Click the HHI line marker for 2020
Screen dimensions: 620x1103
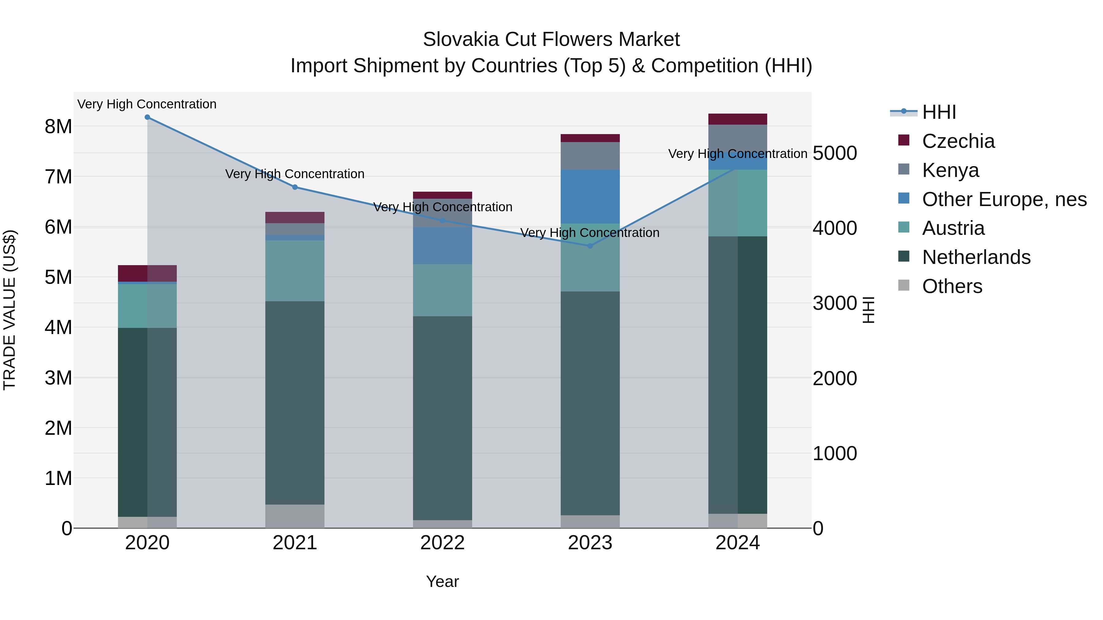pos(147,117)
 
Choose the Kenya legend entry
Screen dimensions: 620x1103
pos(950,170)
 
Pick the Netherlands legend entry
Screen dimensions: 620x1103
pos(976,257)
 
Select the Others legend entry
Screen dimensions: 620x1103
pos(952,286)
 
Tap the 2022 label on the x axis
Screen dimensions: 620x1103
pos(442,543)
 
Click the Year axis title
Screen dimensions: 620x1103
pos(442,581)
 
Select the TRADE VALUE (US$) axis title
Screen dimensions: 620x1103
pos(9,310)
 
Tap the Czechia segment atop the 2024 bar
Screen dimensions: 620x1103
pos(737,119)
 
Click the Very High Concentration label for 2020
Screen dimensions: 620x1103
pos(147,104)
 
